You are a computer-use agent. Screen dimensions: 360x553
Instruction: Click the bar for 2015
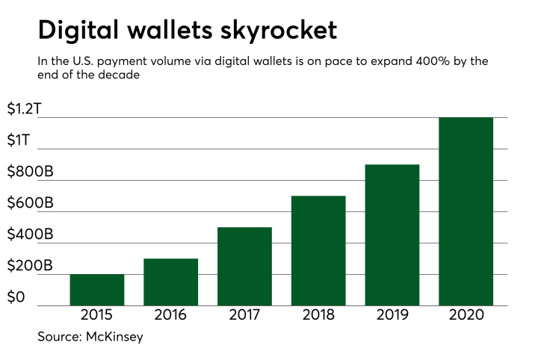tap(97, 290)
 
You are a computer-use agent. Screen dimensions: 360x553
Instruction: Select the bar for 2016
tap(171, 282)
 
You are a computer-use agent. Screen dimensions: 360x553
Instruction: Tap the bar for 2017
tap(244, 266)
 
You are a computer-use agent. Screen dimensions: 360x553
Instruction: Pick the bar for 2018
tap(318, 250)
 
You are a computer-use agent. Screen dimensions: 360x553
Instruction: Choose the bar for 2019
tap(392, 235)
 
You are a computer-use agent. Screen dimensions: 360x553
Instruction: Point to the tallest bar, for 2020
tap(466, 211)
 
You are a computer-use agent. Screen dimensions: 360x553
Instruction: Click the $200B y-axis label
tap(29, 267)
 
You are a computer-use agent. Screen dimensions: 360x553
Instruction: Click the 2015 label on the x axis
tap(97, 315)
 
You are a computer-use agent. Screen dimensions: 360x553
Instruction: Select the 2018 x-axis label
tap(318, 315)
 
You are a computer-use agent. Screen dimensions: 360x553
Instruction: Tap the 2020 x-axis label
tap(466, 315)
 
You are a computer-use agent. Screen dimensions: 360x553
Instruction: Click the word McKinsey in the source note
tap(115, 337)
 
